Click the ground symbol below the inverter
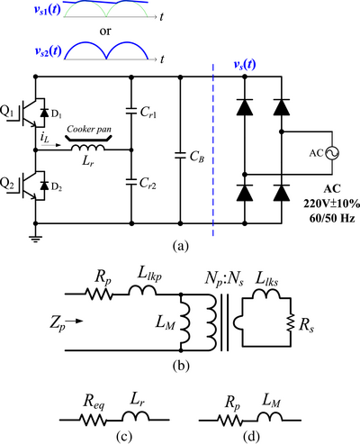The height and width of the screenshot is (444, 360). (x=35, y=238)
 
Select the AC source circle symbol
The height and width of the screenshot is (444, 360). (x=332, y=153)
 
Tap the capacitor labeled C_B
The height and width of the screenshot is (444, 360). (x=180, y=155)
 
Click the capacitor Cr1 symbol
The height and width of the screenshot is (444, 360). (x=131, y=111)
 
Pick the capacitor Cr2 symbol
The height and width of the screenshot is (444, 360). (x=131, y=182)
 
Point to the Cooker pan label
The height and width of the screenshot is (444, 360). (x=89, y=129)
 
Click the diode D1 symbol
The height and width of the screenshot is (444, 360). (x=44, y=113)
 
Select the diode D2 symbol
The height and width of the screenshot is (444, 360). (x=44, y=186)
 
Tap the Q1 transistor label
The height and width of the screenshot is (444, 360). (x=6, y=112)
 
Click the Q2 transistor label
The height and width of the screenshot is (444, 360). (x=6, y=183)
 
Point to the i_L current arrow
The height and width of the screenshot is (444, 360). (x=51, y=145)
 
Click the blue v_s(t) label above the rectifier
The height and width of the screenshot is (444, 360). (x=245, y=64)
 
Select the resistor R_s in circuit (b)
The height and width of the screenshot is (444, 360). (x=290, y=322)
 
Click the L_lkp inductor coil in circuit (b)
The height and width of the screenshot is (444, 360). (x=142, y=290)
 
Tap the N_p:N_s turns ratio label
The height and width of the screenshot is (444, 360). (x=224, y=279)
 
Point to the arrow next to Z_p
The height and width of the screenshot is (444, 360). (x=74, y=321)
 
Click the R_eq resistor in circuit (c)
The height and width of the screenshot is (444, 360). (x=93, y=420)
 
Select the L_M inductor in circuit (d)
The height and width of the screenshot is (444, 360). (x=269, y=416)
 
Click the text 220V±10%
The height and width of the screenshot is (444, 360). (x=331, y=204)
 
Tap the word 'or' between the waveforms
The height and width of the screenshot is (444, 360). (x=105, y=32)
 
